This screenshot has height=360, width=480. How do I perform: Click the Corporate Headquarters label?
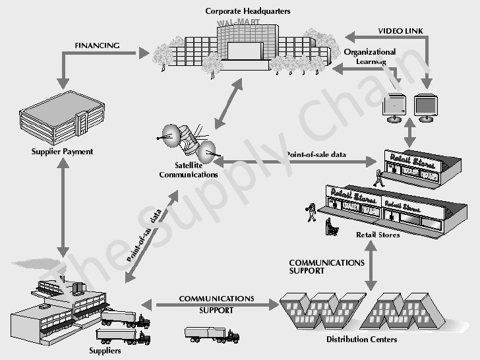248,11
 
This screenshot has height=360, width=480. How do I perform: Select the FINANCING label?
97,46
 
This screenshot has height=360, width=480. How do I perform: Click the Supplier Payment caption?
63,152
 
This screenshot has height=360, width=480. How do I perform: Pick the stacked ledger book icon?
62,118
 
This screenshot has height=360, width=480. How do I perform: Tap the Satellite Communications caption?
189,170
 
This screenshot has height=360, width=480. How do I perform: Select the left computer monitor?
395,106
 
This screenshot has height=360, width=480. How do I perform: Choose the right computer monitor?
425,106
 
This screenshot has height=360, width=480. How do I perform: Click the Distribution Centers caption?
362,340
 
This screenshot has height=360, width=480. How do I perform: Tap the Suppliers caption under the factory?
105,351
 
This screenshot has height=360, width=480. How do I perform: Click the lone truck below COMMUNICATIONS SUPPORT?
211,335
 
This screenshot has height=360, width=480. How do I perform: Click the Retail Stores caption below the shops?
378,235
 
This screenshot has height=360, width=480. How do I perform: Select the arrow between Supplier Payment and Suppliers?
63,208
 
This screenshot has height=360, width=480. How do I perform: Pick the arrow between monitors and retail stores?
410,134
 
